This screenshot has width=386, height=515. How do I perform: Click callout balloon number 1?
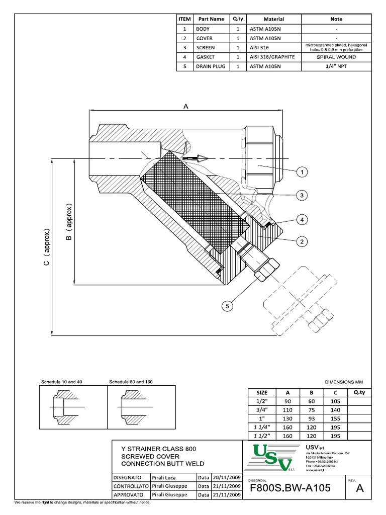coord(302,173)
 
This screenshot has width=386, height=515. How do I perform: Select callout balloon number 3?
coord(302,195)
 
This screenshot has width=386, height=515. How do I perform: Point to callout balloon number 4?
coord(302,220)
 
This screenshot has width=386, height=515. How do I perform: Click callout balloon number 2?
coord(302,242)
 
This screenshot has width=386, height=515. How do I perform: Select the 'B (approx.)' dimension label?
coord(69,222)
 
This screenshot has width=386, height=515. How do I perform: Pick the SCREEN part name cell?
coord(206,48)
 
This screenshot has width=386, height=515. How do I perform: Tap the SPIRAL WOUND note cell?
coord(336,57)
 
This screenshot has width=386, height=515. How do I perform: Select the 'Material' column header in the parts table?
coord(273,19)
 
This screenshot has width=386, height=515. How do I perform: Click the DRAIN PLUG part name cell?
coord(210,66)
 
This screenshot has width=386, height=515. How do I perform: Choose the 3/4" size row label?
coord(262,410)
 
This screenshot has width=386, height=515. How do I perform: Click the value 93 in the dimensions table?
coord(312,419)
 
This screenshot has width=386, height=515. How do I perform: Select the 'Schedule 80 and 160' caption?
coord(131,382)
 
